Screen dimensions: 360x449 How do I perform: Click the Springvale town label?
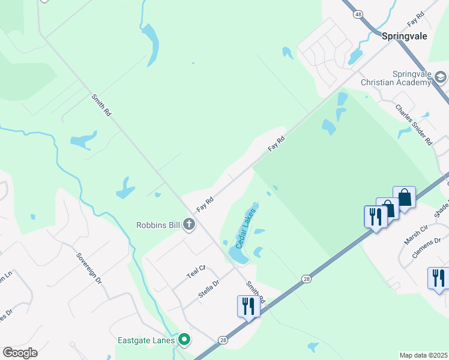pyautogui.click(x=405, y=36)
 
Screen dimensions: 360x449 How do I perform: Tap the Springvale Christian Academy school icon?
pyautogui.click(x=441, y=77)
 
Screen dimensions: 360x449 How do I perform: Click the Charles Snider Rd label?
pyautogui.click(x=414, y=125)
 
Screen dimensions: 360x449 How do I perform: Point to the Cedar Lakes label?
pyautogui.click(x=246, y=229)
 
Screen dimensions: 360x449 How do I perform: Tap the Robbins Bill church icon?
pyautogui.click(x=189, y=225)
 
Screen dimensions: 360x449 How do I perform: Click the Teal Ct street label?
pyautogui.click(x=196, y=272)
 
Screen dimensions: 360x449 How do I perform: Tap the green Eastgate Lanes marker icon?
pyautogui.click(x=184, y=340)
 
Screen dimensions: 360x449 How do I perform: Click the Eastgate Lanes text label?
pyautogui.click(x=146, y=340)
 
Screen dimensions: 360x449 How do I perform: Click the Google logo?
pyautogui.click(x=20, y=353)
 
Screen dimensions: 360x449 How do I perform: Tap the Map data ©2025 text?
pyautogui.click(x=423, y=355)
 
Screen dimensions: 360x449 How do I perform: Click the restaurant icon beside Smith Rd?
pyautogui.click(x=247, y=306)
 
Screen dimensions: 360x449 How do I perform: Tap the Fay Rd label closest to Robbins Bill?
pyautogui.click(x=205, y=205)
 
